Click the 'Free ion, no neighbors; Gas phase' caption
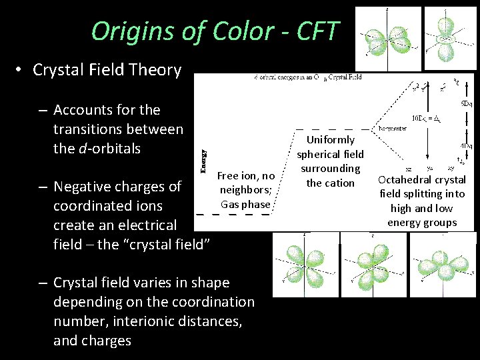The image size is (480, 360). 246,190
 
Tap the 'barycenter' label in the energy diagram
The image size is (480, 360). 393,128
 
